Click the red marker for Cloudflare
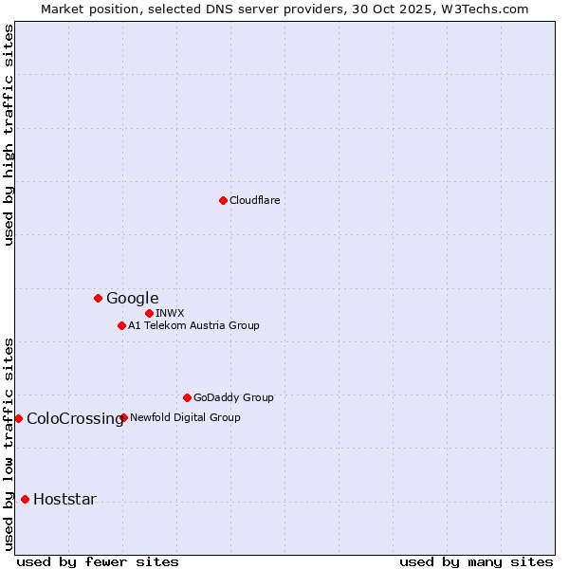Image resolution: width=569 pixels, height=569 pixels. click(x=223, y=200)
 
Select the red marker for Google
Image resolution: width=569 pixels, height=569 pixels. click(x=98, y=298)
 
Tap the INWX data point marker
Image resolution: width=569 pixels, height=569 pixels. click(x=149, y=313)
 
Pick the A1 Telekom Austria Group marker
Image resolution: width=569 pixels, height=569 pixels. click(x=121, y=325)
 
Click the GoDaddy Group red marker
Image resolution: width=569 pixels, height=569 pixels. click(x=187, y=397)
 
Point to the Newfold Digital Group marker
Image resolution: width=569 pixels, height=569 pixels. click(x=124, y=417)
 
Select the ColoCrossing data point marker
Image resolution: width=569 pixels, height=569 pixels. click(x=18, y=418)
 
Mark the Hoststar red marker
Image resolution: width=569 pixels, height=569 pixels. click(x=25, y=499)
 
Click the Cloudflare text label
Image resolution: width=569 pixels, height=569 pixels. click(x=255, y=200)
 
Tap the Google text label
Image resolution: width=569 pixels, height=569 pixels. click(x=133, y=299)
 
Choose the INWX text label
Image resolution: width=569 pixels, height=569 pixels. click(x=171, y=313)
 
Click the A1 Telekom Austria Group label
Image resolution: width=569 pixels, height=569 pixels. click(x=194, y=325)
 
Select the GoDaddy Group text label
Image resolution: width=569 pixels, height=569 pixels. click(x=233, y=397)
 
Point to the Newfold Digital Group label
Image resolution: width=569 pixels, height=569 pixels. click(x=186, y=417)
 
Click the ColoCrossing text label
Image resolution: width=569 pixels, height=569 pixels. click(x=75, y=419)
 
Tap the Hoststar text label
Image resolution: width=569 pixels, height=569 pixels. click(x=64, y=500)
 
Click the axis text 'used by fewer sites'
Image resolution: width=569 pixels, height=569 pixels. click(x=98, y=561)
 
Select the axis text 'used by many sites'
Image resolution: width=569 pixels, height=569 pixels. click(x=476, y=561)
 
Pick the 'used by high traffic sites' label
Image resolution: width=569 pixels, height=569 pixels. click(x=9, y=135)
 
